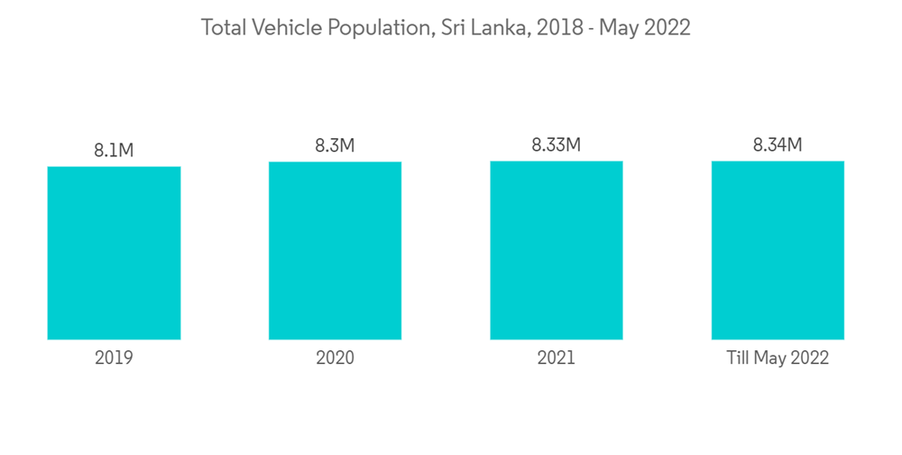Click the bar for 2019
[114, 253]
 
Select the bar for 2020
[335, 251]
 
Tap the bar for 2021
[557, 250]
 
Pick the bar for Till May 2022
[778, 250]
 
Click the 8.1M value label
[114, 151]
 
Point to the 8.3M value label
[335, 145]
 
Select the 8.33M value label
[557, 144]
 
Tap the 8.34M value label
[778, 144]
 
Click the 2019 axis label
[114, 358]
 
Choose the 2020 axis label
[335, 358]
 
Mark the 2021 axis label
[557, 358]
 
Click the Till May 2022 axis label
[778, 358]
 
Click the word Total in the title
[223, 28]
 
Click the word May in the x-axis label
[769, 358]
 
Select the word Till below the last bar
[739, 358]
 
